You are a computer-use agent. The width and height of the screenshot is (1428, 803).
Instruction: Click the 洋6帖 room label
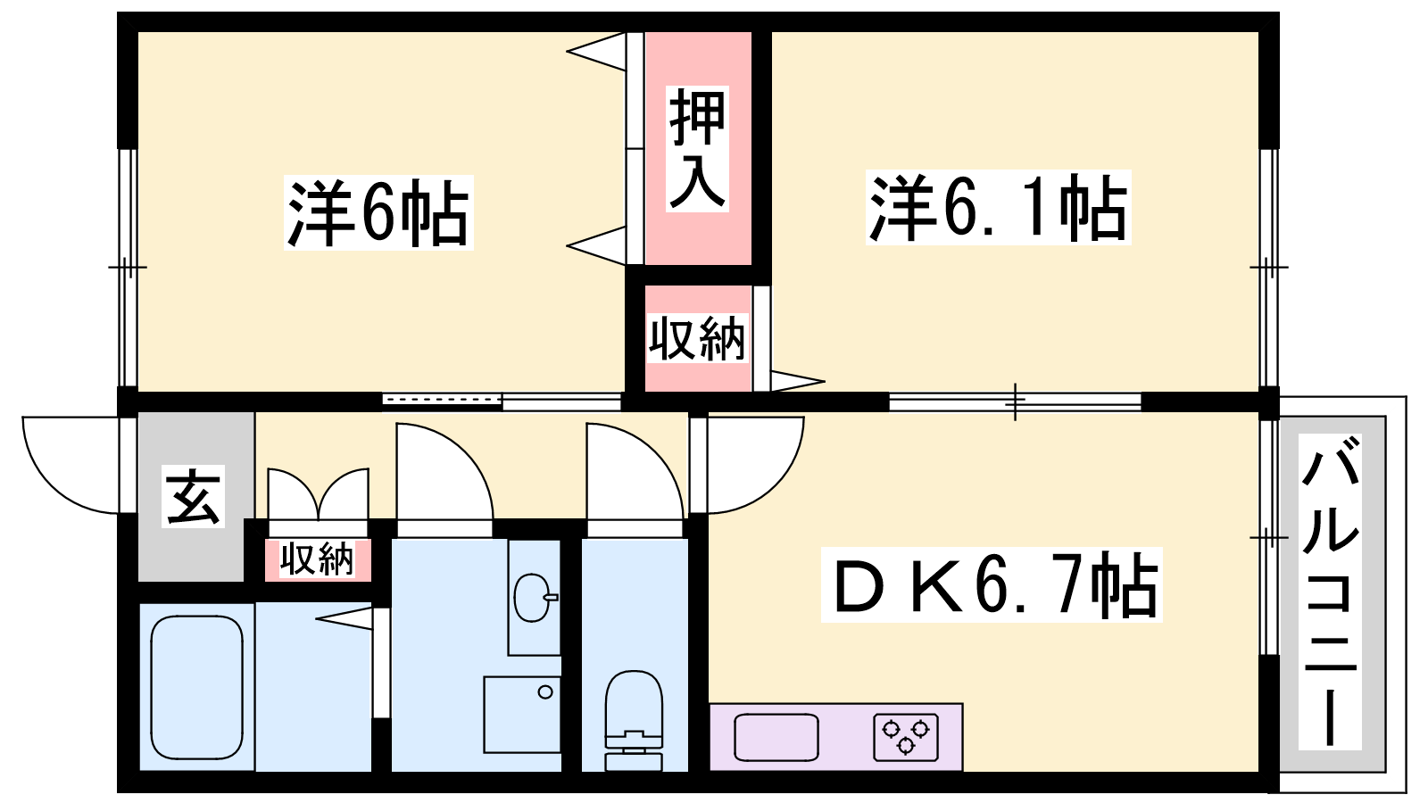[378, 212]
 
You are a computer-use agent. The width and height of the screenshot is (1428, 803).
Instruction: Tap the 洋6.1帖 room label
[999, 208]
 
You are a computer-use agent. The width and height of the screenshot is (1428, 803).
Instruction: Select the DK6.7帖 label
[992, 584]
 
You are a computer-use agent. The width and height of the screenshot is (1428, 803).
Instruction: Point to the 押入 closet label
[697, 148]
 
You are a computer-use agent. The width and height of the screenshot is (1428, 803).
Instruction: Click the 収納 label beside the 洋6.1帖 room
[697, 338]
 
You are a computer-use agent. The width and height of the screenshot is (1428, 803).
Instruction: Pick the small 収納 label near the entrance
[318, 559]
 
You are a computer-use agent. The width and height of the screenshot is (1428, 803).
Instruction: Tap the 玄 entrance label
[193, 496]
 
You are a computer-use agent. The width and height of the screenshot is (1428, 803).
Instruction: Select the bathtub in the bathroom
[197, 688]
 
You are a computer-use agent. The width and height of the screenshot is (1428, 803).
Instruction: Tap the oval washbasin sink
[533, 597]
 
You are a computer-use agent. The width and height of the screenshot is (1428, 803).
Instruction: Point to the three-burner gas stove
[906, 738]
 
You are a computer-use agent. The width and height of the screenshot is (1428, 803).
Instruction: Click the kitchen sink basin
[776, 737]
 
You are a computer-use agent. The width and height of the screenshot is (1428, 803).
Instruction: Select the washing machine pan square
[522, 715]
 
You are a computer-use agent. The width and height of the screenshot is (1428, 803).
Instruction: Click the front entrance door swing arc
[71, 465]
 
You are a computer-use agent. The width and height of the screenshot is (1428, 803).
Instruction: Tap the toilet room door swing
[635, 472]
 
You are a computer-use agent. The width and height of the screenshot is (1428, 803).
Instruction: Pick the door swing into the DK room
[756, 465]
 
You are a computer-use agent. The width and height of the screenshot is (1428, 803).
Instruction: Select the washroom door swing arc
[445, 472]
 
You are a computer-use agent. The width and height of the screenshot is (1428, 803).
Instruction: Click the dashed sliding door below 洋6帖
[442, 401]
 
